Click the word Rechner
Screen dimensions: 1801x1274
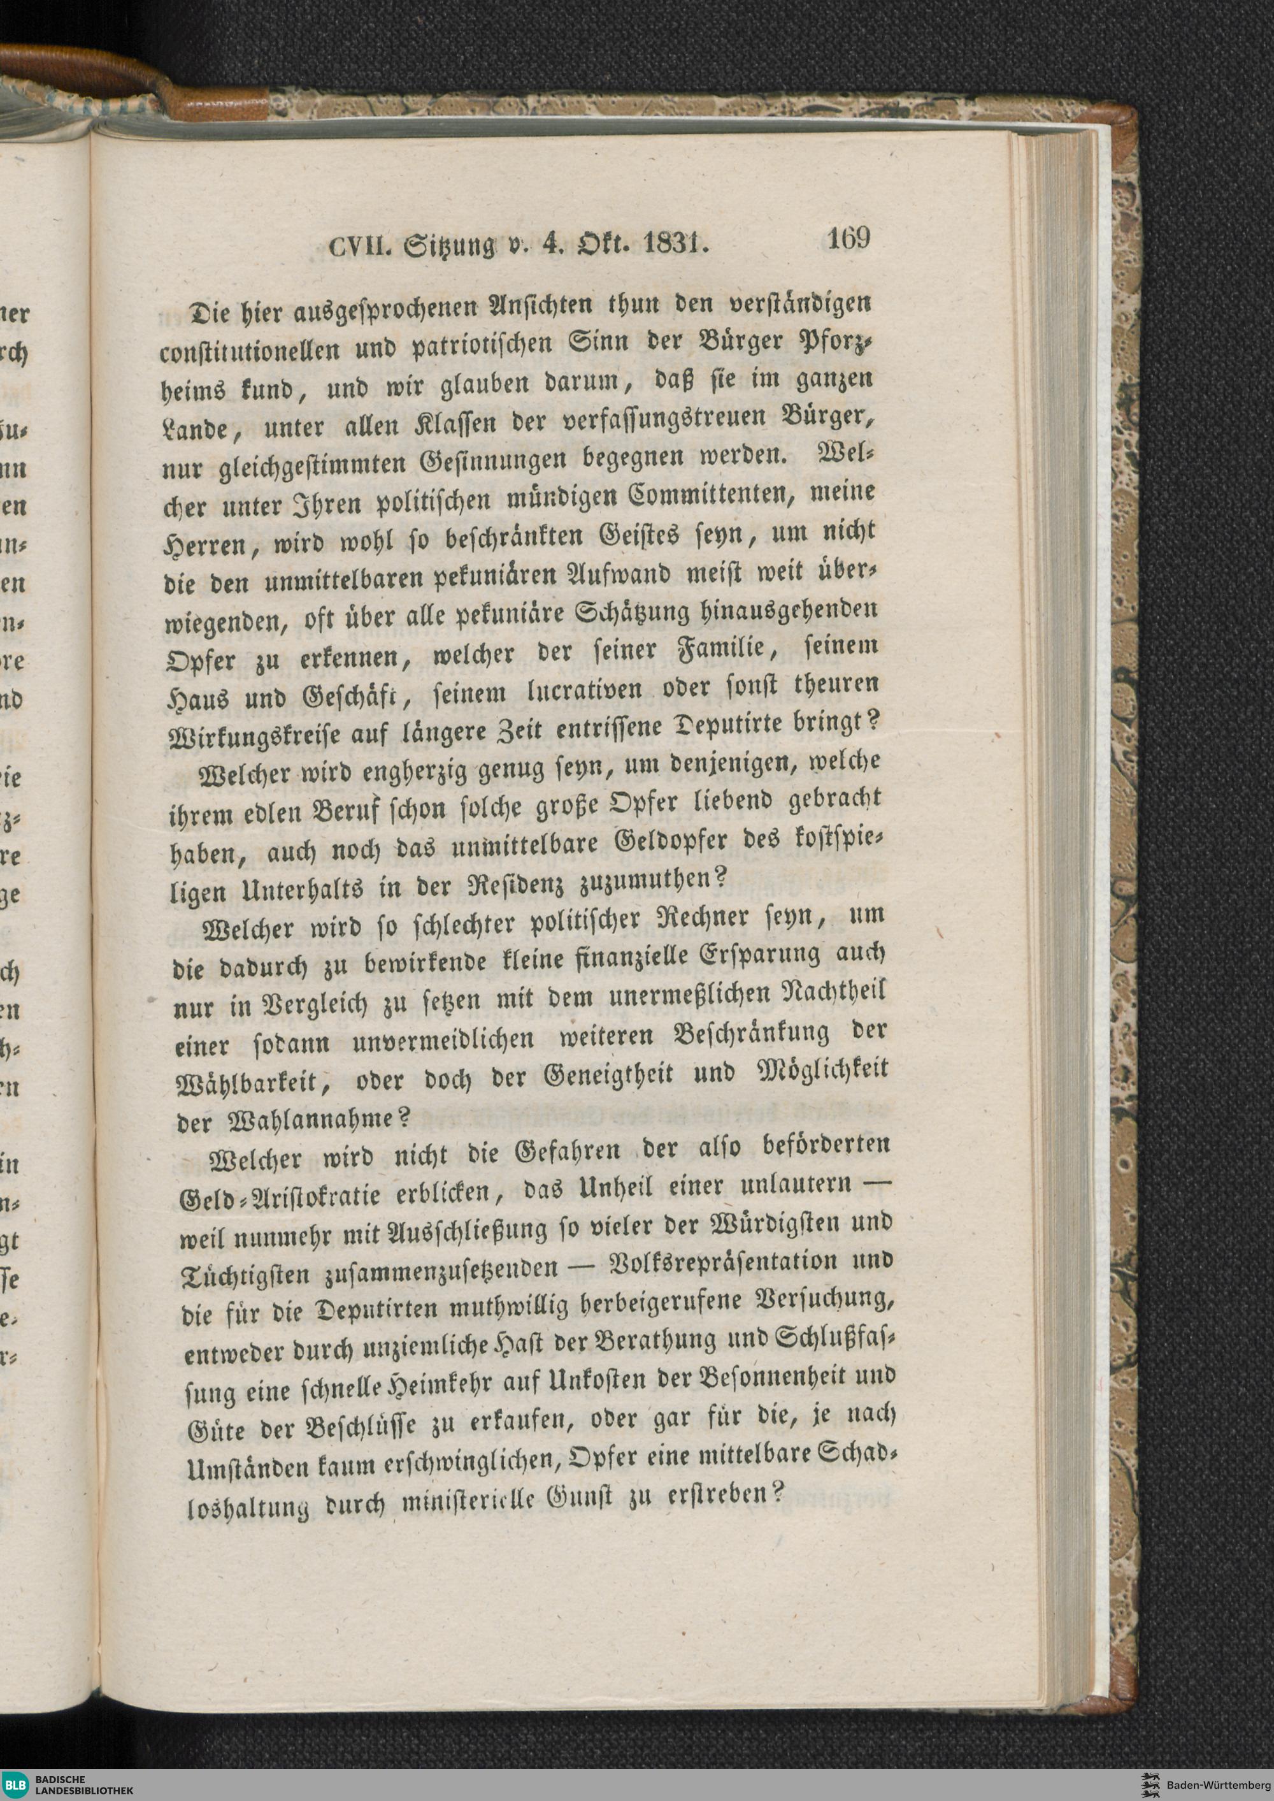coord(692,919)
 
